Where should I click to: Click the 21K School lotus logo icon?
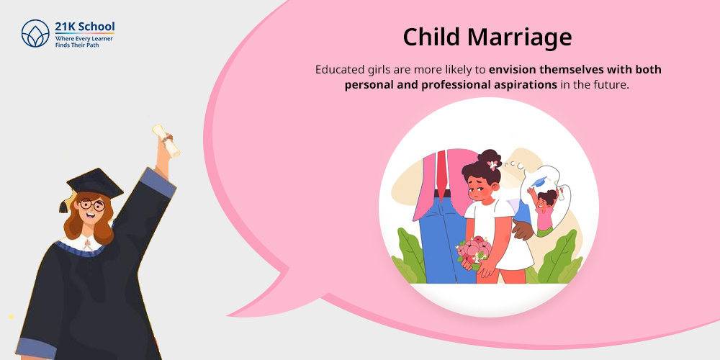[36, 33]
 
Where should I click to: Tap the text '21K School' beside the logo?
[85, 27]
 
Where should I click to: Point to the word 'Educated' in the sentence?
[340, 70]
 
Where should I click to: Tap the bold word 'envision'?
[516, 70]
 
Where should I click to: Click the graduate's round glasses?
[91, 205]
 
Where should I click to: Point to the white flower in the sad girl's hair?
[492, 165]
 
